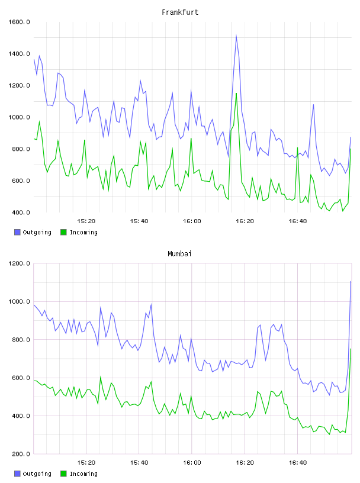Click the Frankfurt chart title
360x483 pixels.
[180, 12]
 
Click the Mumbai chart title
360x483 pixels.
[179, 254]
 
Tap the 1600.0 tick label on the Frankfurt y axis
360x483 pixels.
[19, 22]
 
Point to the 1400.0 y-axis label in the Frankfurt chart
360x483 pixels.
[19, 54]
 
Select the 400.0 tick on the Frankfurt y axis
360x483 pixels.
[21, 212]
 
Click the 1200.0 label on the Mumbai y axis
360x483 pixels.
[19, 263]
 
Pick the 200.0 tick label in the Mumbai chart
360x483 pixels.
[21, 454]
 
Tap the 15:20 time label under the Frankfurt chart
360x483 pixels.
[86, 221]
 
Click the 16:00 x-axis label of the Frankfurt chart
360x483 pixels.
[192, 221]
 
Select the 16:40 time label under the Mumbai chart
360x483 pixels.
[298, 462]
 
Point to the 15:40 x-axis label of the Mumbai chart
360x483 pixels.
[139, 462]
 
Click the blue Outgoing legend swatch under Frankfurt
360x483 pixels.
[17, 232]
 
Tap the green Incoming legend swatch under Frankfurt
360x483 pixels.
[63, 232]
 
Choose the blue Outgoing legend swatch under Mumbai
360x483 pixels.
[17, 474]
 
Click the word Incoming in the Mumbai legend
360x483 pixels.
[83, 474]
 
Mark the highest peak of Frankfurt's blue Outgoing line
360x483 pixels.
[236, 36]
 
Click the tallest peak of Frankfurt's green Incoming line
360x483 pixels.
[236, 93]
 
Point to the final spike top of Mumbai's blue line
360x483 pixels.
[351, 281]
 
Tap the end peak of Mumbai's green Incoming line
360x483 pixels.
[351, 349]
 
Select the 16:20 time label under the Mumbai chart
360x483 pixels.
[245, 462]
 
